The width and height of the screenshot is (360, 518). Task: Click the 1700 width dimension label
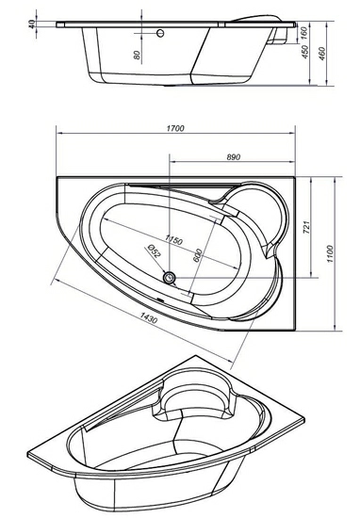(x=175, y=128)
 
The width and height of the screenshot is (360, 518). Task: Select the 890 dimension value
(x=234, y=157)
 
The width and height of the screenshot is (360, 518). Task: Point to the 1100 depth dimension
(x=331, y=253)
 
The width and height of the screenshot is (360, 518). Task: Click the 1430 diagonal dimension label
(x=149, y=317)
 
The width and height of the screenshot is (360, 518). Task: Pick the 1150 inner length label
(x=173, y=239)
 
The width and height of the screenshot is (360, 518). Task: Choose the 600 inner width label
(x=197, y=255)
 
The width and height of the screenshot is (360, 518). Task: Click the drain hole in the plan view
(x=170, y=277)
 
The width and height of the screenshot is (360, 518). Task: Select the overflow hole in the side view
(x=160, y=33)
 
